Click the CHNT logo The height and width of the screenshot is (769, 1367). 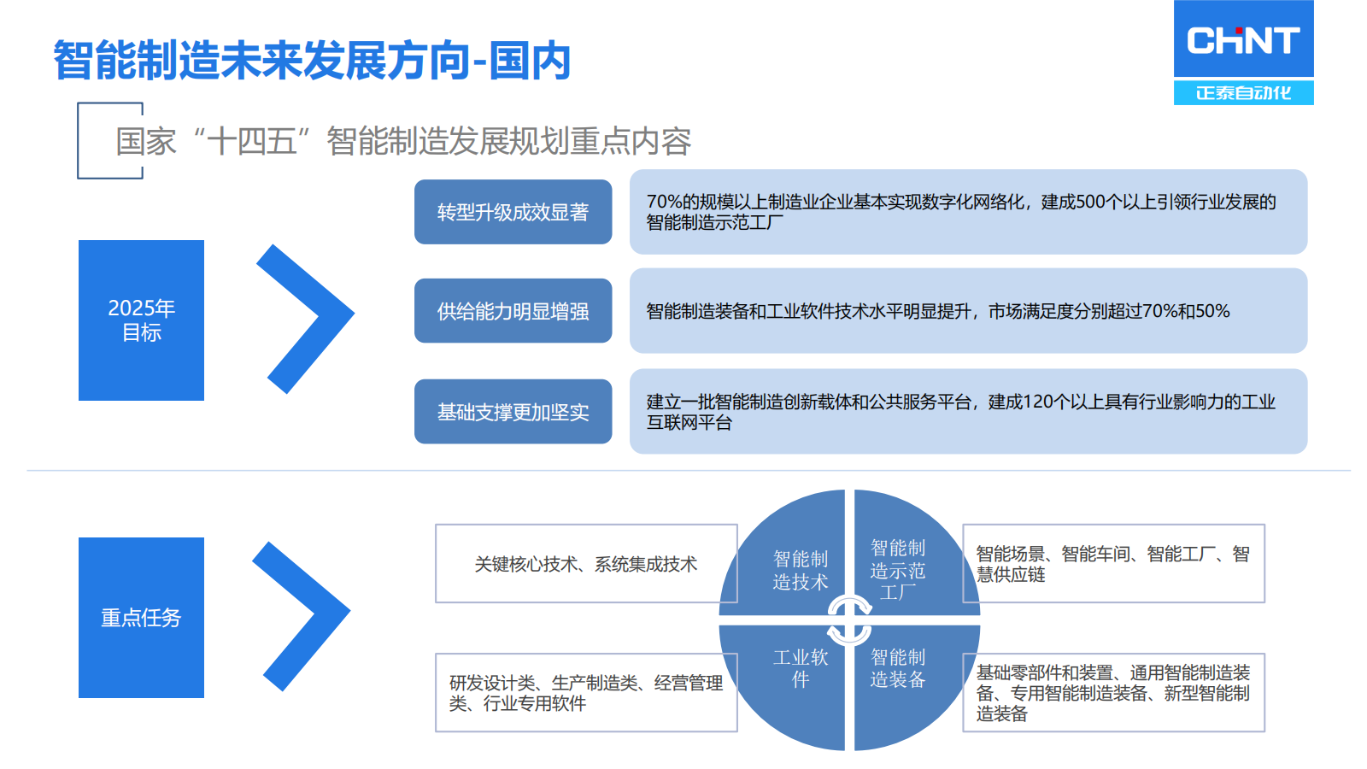point(1243,52)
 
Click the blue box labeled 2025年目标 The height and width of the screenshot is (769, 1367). point(141,320)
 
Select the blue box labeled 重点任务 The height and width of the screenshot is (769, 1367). point(141,617)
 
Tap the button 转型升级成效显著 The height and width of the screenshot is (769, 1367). point(513,212)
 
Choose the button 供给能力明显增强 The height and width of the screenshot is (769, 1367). point(513,311)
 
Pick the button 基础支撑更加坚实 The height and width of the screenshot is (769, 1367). point(513,411)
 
